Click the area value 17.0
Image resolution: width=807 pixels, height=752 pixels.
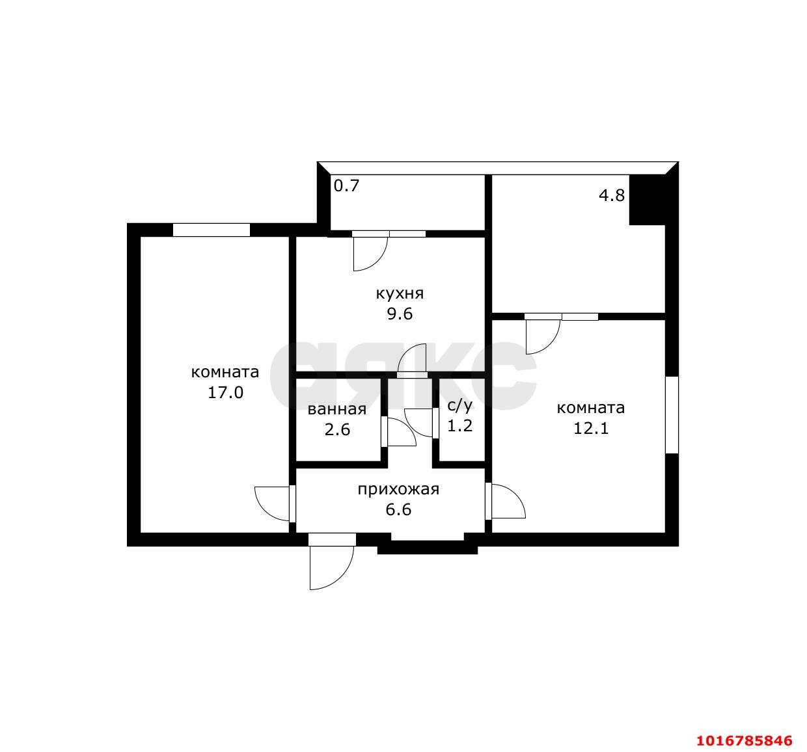(226, 393)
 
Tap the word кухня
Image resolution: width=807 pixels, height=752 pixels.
(400, 294)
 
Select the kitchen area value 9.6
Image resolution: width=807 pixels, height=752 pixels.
(400, 314)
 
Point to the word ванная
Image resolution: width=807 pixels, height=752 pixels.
(337, 410)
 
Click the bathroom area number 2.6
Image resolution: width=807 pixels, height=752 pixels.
(337, 430)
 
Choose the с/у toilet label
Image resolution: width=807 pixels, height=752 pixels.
(460, 405)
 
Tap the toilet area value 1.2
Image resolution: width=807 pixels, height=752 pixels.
(460, 426)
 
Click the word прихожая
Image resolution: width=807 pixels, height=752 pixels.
(399, 490)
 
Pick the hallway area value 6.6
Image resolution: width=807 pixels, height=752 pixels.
(399, 509)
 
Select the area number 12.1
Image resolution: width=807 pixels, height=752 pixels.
(591, 429)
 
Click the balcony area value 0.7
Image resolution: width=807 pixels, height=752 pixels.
(347, 185)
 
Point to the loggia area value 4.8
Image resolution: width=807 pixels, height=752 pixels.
(612, 195)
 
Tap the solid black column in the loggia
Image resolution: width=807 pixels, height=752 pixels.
(647, 200)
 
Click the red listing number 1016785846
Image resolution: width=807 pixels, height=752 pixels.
(745, 741)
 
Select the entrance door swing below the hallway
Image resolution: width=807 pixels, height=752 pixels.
(331, 568)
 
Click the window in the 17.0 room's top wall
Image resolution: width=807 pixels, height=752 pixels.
(212, 230)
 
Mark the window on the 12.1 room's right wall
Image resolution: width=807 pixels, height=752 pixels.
(672, 415)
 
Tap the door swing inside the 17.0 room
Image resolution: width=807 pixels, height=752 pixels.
(272, 504)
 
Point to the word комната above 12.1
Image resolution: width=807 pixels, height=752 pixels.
(591, 408)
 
